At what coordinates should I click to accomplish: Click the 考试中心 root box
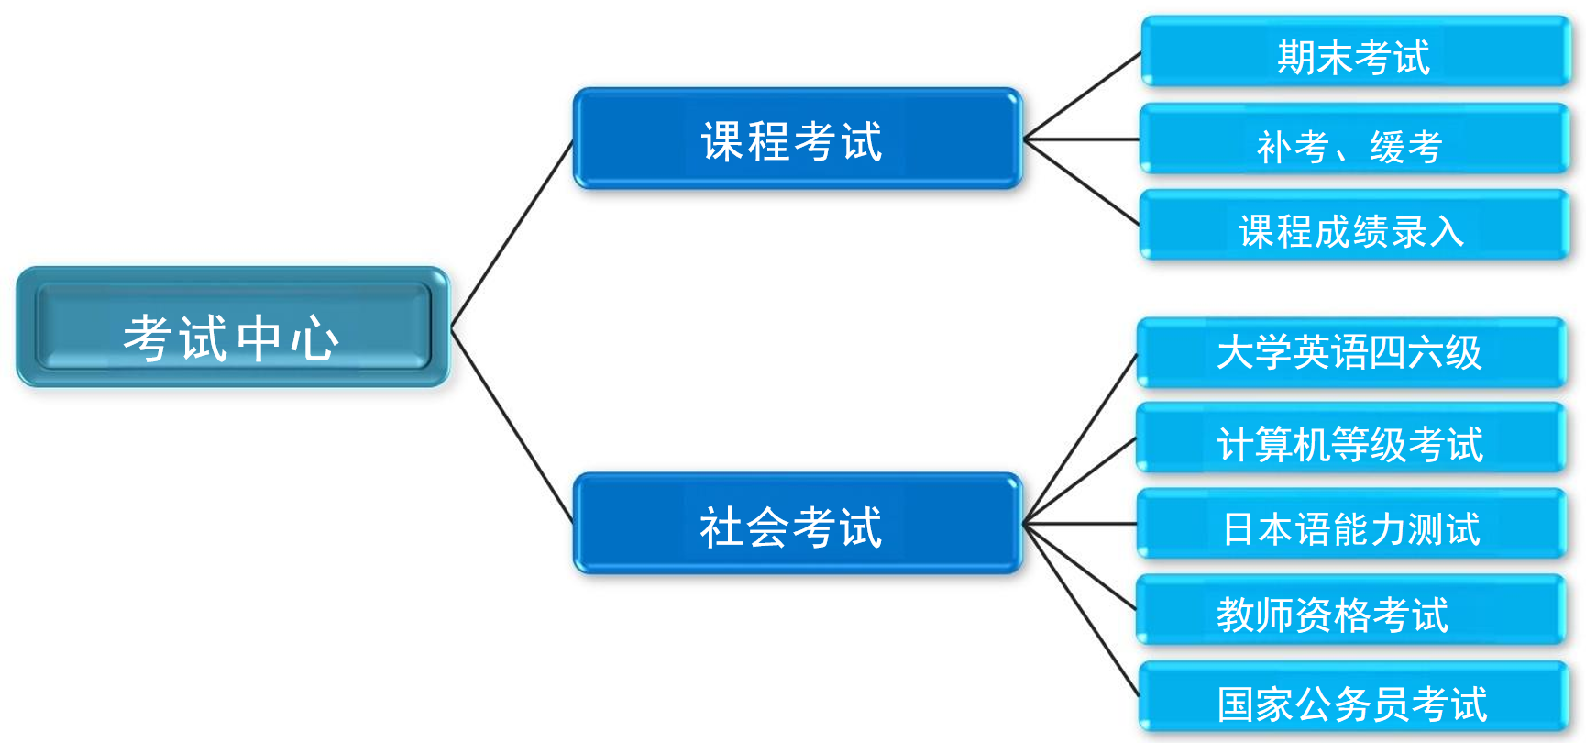click(x=233, y=327)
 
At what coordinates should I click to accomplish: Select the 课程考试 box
click(x=798, y=139)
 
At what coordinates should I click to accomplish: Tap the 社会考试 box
click(x=798, y=524)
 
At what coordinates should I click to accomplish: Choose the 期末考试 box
click(x=1356, y=51)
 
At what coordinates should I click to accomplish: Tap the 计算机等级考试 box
click(x=1351, y=438)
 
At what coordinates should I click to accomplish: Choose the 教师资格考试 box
click(x=1351, y=610)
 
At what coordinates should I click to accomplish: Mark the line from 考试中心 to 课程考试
click(x=512, y=233)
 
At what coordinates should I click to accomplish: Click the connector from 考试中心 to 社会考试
click(x=512, y=425)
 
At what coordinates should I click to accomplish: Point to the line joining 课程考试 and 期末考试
click(x=1082, y=95)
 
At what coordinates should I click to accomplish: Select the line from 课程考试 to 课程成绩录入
click(x=1082, y=182)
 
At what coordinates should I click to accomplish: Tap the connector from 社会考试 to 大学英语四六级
click(x=1080, y=438)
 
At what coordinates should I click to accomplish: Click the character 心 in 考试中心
click(x=315, y=338)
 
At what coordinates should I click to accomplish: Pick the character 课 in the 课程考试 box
click(x=723, y=141)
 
